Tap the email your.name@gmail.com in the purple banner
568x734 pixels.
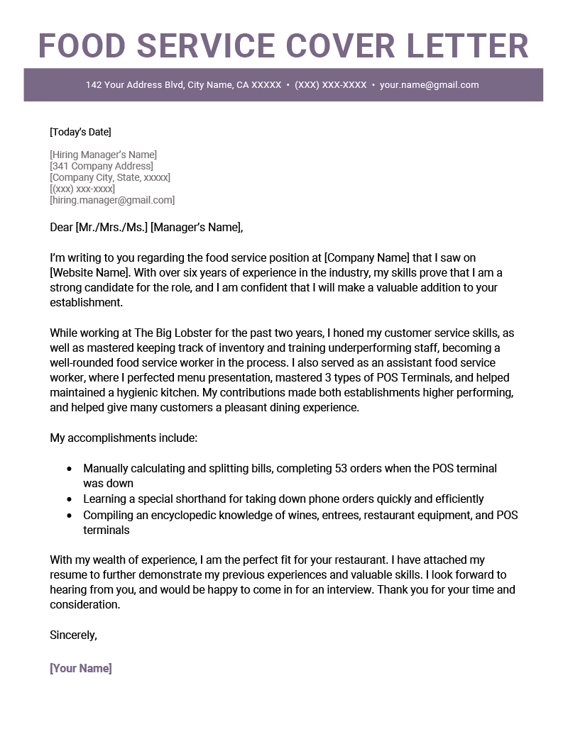[429, 85]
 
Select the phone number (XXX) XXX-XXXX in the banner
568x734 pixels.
[330, 85]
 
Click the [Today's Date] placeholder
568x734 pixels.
[80, 132]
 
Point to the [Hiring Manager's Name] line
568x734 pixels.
[103, 155]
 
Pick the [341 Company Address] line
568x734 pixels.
[101, 166]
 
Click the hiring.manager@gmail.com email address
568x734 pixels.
[112, 200]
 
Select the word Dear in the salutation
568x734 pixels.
[61, 228]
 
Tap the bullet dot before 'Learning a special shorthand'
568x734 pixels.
[69, 499]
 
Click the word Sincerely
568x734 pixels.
[73, 635]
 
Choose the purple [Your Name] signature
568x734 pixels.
[81, 668]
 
